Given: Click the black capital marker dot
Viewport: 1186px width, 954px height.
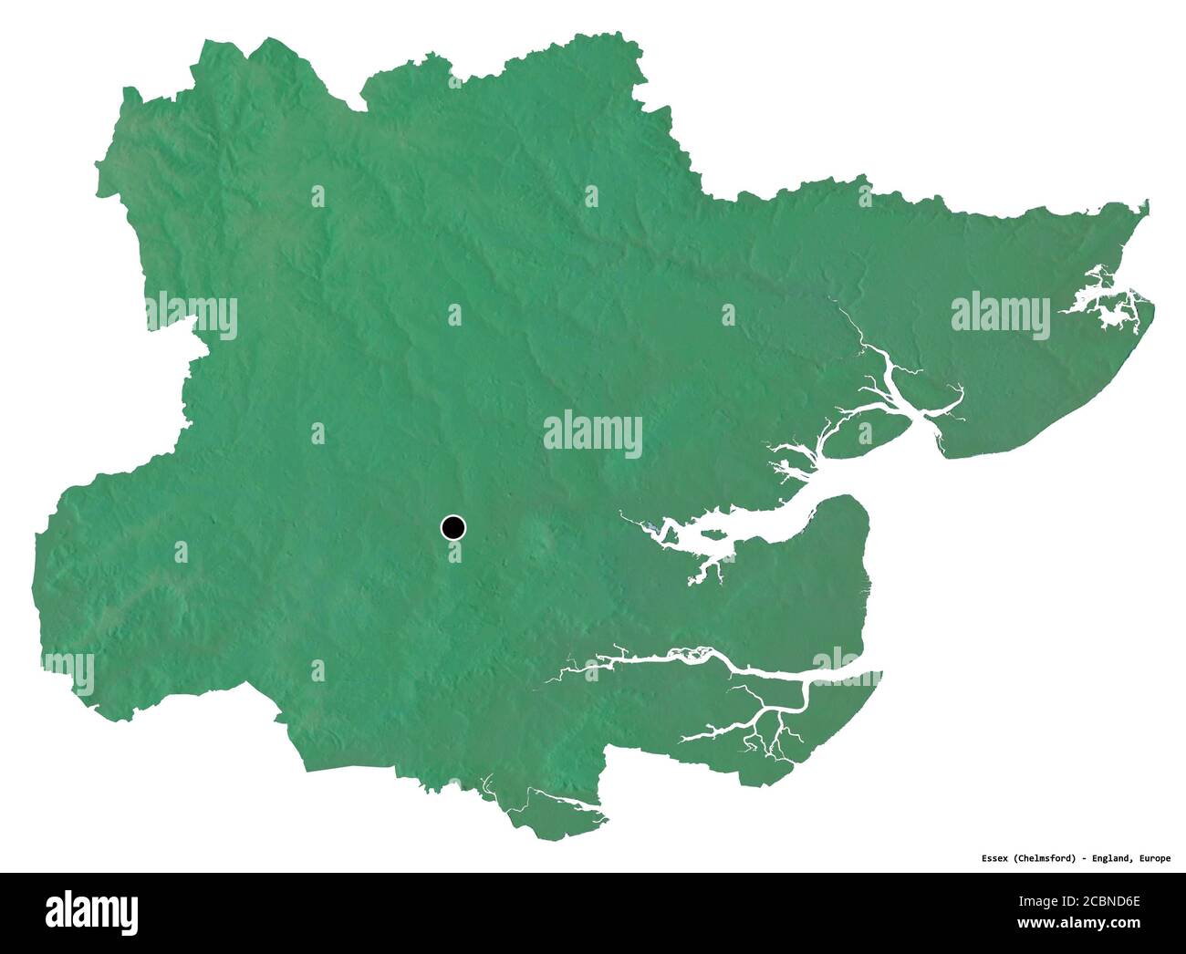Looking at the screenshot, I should (453, 527).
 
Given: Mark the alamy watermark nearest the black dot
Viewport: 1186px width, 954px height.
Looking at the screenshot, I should (592, 434).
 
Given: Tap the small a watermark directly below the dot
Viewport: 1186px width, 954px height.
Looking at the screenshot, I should (454, 552).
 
